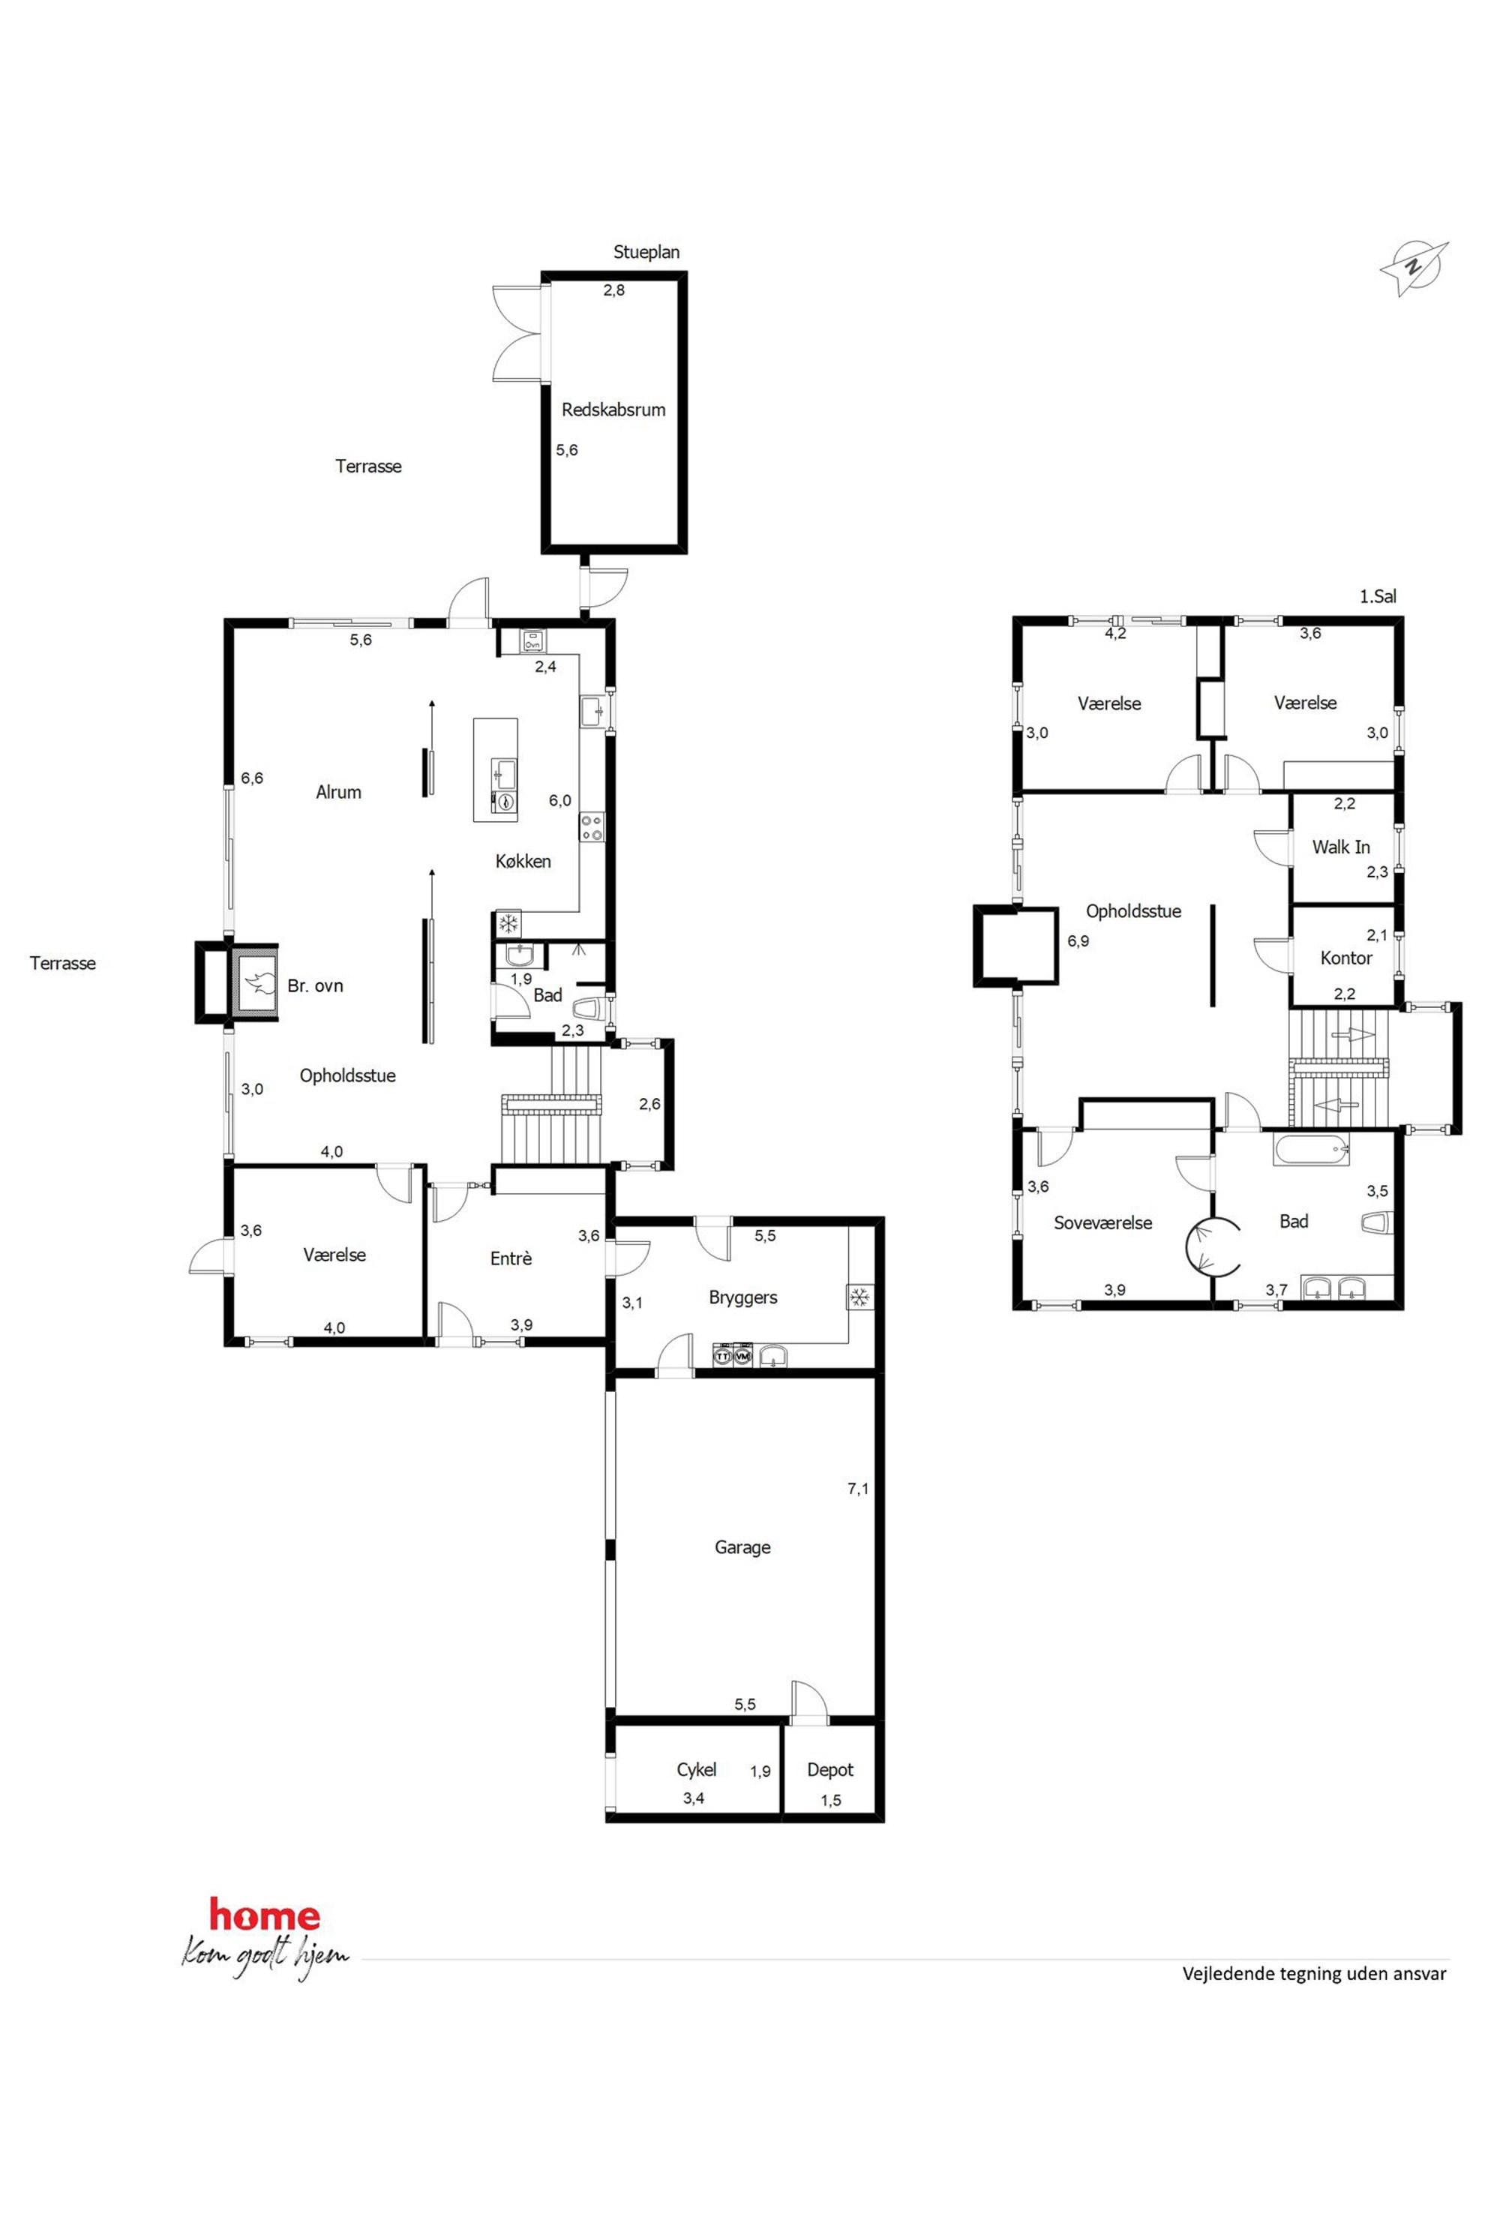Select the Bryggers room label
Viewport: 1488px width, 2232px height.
click(743, 1298)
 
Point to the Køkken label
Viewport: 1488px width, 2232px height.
click(523, 862)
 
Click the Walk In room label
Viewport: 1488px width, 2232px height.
click(1341, 847)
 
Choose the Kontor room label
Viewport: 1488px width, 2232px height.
click(1345, 958)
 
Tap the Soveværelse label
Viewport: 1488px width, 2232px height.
click(1102, 1223)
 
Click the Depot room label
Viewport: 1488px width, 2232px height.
click(830, 1770)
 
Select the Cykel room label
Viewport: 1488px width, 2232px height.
click(697, 1770)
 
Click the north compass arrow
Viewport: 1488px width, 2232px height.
click(1414, 268)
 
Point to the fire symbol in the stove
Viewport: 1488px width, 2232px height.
click(256, 982)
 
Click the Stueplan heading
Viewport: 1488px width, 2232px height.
click(646, 253)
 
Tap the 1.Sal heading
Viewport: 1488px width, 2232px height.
click(1378, 597)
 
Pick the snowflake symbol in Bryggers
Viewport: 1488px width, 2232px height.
click(859, 1297)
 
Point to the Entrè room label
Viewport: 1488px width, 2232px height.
click(511, 1259)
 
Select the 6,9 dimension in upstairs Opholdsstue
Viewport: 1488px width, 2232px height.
click(1078, 941)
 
